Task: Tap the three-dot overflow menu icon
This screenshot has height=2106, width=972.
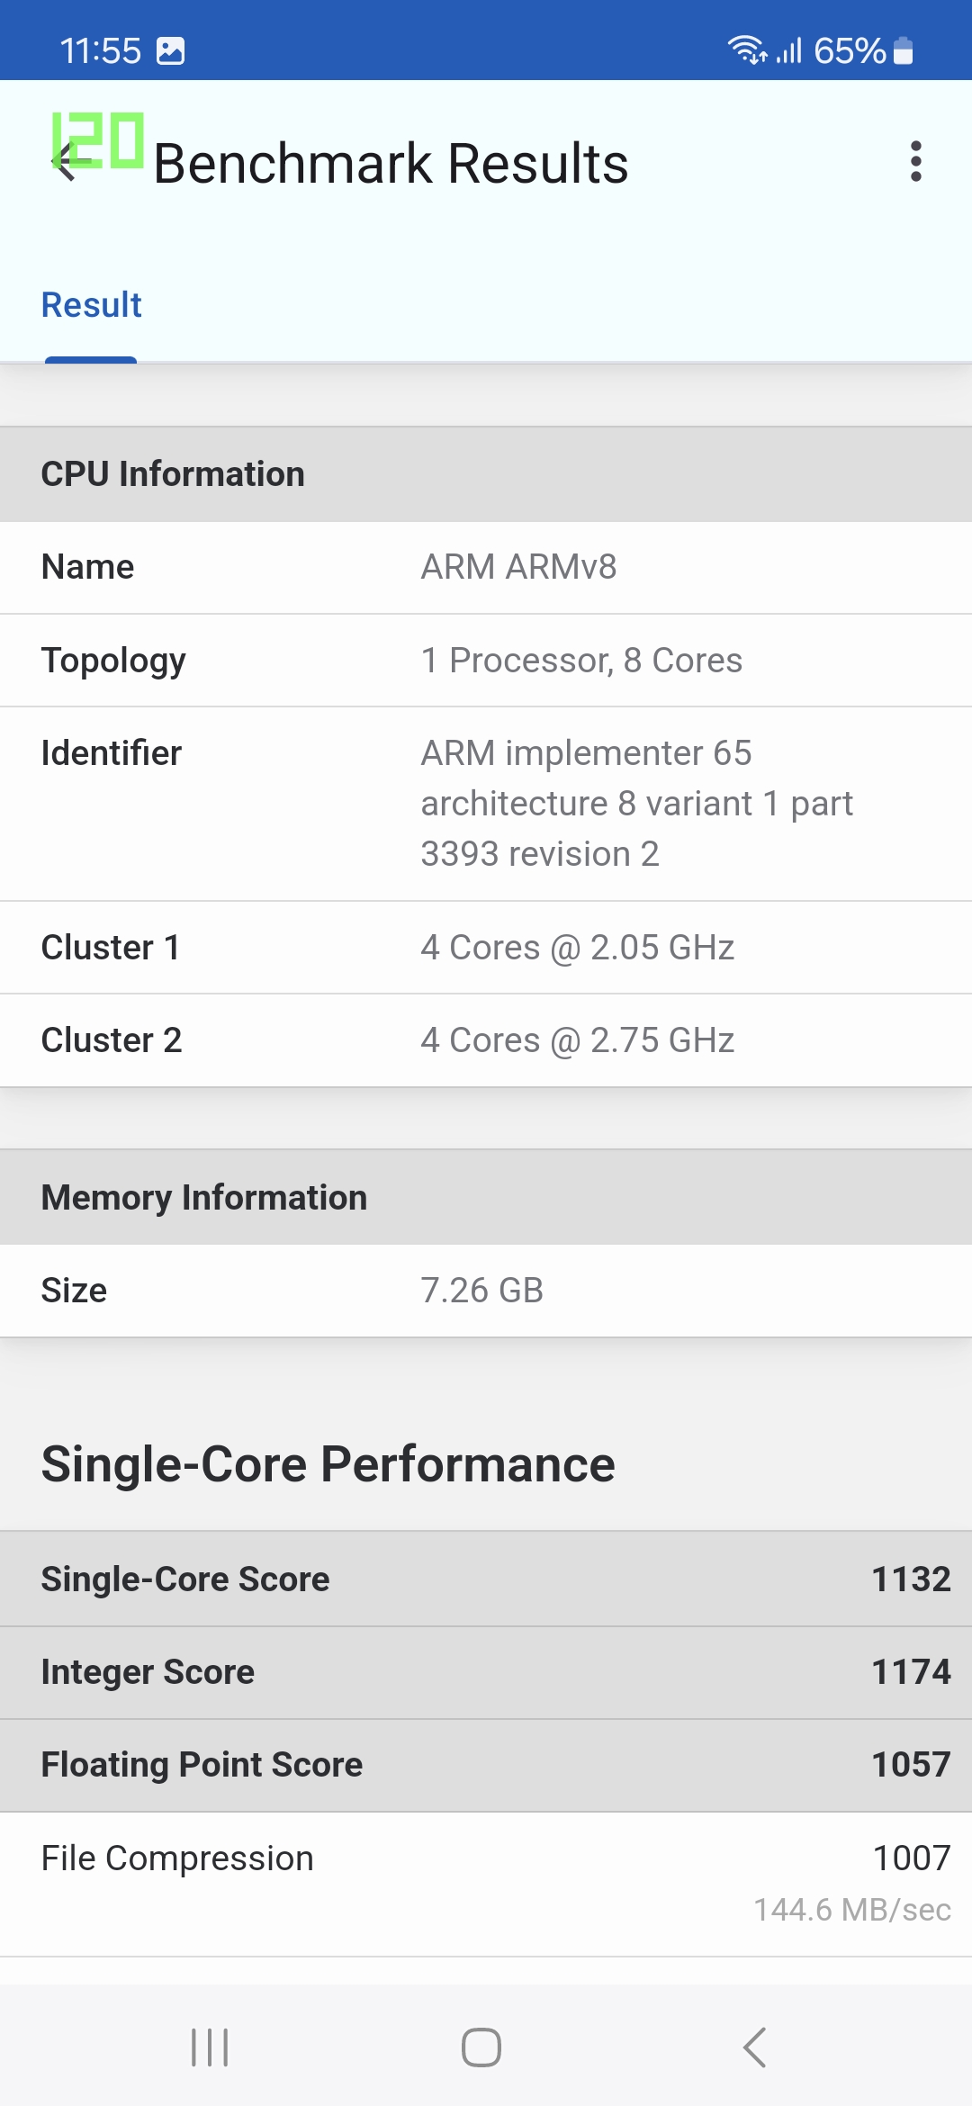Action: tap(916, 162)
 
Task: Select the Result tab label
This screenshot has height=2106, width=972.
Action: tap(92, 305)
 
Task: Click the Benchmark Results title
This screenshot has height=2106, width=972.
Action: tap(391, 164)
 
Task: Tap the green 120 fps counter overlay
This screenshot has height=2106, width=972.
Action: tap(98, 140)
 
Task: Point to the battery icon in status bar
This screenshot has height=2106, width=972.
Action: tap(904, 51)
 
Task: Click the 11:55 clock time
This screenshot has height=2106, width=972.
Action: tap(100, 51)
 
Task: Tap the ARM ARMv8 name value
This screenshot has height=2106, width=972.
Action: tap(518, 567)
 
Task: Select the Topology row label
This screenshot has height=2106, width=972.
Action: tap(113, 661)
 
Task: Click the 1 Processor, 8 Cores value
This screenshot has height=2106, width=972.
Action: tap(581, 661)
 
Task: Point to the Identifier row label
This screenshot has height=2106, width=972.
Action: tap(112, 753)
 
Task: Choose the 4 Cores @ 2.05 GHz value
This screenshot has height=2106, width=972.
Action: tap(577, 948)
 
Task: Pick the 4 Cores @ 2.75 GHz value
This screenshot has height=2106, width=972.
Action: tap(577, 1040)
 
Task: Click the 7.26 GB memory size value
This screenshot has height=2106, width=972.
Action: tap(481, 1291)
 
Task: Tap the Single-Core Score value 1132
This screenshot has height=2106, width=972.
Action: tap(911, 1579)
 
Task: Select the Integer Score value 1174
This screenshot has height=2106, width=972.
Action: tap(911, 1672)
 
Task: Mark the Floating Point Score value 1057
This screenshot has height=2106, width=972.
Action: tap(911, 1765)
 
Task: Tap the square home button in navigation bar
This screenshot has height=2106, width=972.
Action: tap(481, 2047)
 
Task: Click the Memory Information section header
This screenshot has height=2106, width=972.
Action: tap(204, 1198)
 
